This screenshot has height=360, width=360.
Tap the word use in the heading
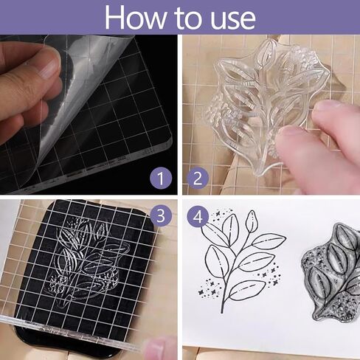tap(233, 20)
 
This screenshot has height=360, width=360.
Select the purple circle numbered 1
tap(161, 178)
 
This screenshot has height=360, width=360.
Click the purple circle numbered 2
tap(198, 178)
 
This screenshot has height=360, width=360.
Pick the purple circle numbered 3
tap(161, 215)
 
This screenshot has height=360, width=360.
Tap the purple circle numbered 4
tap(198, 217)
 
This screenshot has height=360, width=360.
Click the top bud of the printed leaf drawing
tap(252, 221)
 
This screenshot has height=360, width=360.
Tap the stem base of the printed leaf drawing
tap(222, 311)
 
